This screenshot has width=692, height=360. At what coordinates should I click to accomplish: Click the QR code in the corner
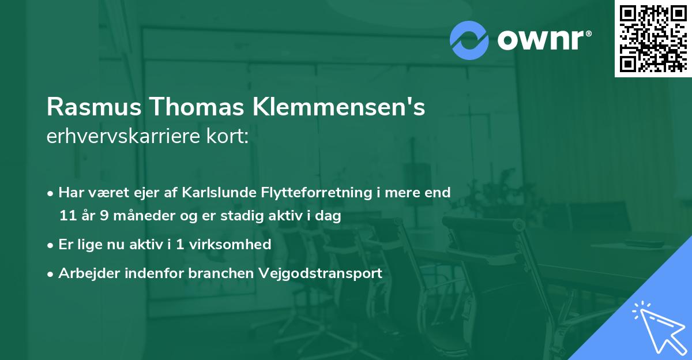(x=653, y=38)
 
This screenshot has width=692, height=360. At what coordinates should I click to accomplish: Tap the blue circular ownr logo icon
(x=469, y=40)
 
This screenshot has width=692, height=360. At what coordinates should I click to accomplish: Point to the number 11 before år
(x=67, y=216)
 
